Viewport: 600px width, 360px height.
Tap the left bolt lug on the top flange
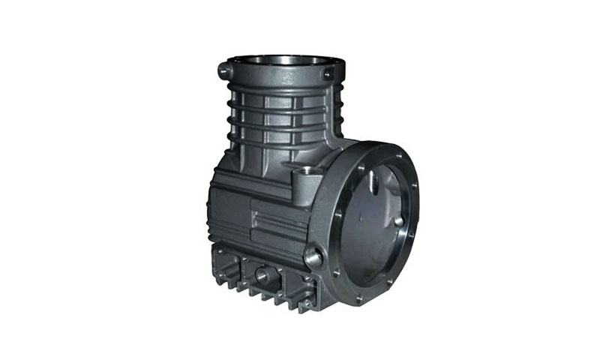[223, 71]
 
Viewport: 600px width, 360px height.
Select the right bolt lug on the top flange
[327, 74]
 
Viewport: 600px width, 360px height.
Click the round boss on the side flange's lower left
[313, 257]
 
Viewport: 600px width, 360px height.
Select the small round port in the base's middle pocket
[262, 274]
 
